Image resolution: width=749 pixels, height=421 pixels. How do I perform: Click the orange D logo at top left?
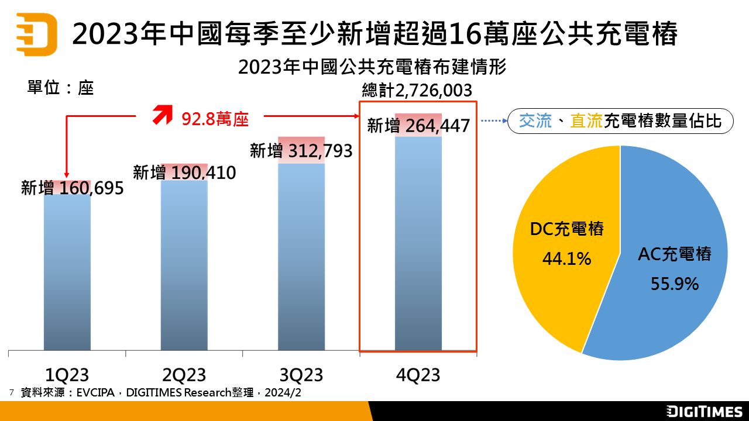(x=36, y=34)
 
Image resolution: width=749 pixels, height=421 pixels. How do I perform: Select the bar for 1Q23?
(x=67, y=275)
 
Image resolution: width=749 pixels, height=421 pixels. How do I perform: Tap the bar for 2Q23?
(x=184, y=269)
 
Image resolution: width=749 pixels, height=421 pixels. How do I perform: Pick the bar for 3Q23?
(x=301, y=257)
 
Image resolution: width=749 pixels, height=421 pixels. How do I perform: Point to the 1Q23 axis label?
(x=67, y=374)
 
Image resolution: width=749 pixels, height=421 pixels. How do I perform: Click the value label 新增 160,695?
(x=73, y=188)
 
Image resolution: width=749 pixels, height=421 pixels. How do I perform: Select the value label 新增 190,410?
(x=184, y=173)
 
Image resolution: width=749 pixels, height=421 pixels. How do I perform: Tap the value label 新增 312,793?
(x=301, y=151)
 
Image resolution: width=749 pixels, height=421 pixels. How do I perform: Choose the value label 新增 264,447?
(x=418, y=125)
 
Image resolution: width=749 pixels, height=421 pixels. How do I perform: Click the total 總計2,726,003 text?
(x=417, y=91)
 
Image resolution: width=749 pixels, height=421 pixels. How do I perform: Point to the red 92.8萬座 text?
(x=215, y=119)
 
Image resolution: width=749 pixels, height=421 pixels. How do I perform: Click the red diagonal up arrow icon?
(x=162, y=115)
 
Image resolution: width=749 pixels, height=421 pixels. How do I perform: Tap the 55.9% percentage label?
(x=675, y=284)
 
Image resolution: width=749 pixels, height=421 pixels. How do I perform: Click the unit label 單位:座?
(x=60, y=88)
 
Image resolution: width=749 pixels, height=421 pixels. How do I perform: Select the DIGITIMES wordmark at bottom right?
(x=705, y=412)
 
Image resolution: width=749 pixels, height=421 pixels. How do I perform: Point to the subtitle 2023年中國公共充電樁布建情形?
(x=372, y=67)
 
